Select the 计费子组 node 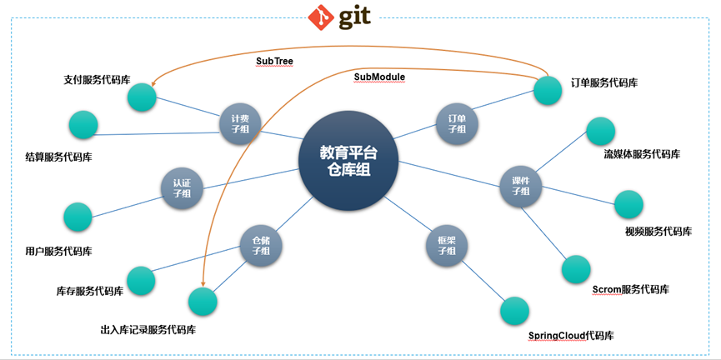[x=240, y=123]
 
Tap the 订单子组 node [x=457, y=123]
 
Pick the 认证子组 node [x=182, y=187]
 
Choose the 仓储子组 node [x=261, y=246]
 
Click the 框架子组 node [x=446, y=246]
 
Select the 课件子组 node [x=521, y=187]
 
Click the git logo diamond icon [x=321, y=17]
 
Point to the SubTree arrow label [x=274, y=61]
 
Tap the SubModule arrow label [x=379, y=77]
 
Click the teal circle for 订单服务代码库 [x=548, y=90]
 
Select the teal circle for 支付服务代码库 [x=142, y=97]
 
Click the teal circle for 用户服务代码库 [x=78, y=217]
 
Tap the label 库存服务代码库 [x=90, y=292]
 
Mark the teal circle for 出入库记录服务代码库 [x=203, y=302]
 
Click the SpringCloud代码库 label [x=571, y=336]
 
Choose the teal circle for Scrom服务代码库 [x=576, y=269]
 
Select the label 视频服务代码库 [x=658, y=232]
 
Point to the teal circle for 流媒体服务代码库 [x=600, y=131]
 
